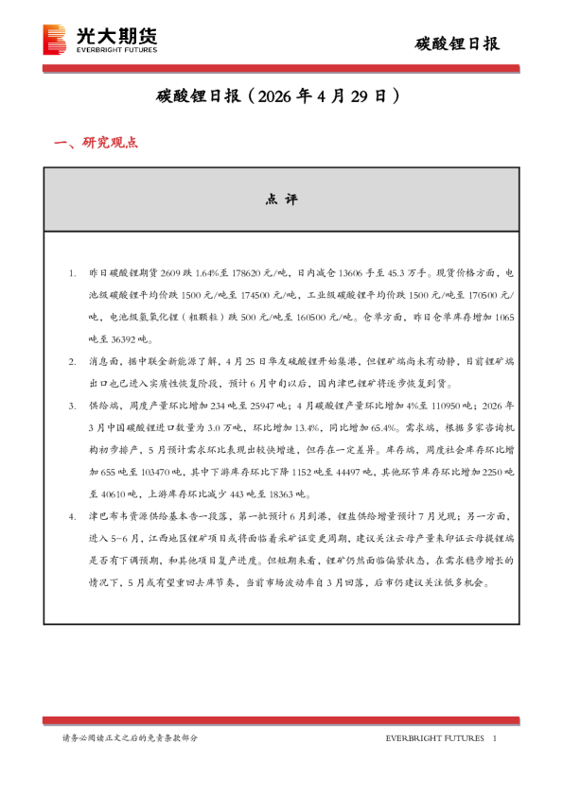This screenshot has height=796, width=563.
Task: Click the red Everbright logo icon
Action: tap(56, 39)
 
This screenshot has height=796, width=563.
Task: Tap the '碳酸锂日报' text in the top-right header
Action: tap(459, 43)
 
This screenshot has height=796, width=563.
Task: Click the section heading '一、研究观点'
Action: tap(96, 143)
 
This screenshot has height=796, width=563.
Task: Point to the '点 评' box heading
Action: tap(281, 199)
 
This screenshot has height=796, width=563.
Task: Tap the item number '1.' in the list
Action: tap(73, 272)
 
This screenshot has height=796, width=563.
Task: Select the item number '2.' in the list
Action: tap(73, 362)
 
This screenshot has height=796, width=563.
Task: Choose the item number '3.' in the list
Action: tap(73, 405)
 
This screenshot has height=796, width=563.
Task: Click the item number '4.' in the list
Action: tap(73, 516)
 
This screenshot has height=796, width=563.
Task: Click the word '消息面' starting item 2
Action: tap(100, 362)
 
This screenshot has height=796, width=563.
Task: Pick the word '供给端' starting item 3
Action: tap(100, 405)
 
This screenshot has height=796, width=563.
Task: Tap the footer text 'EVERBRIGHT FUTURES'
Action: tap(434, 737)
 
